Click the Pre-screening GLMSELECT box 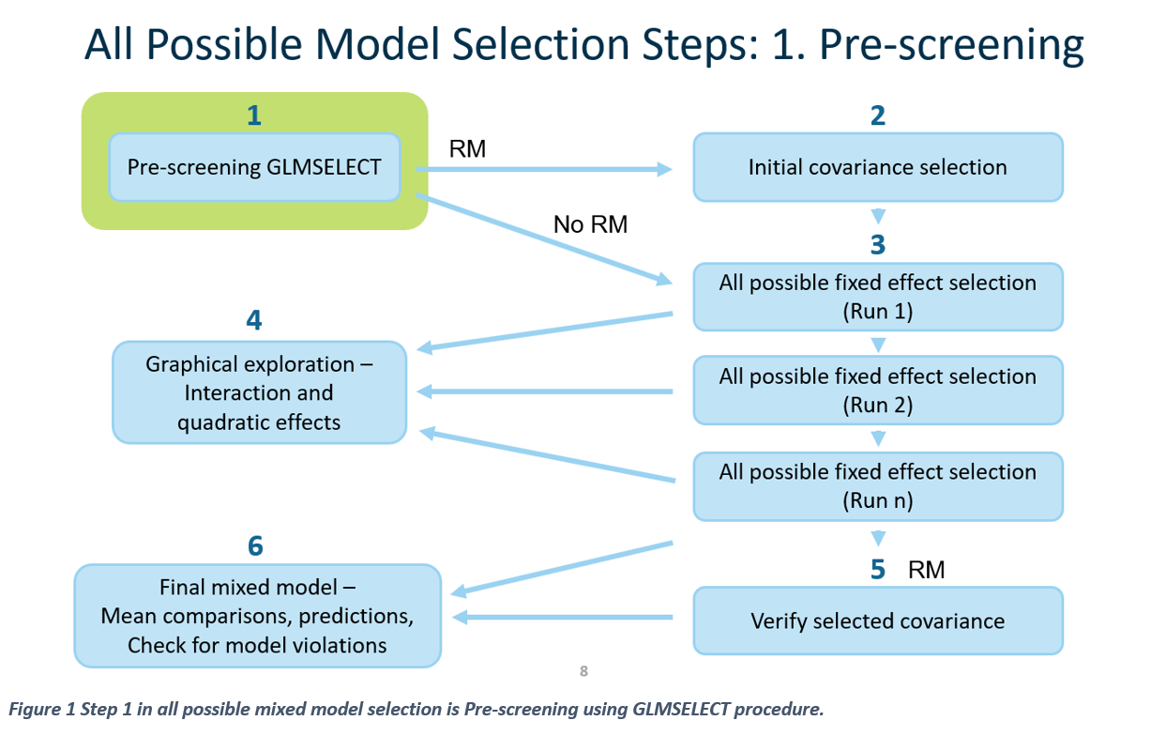254,167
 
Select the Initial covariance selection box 877,167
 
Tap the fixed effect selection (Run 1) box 877,297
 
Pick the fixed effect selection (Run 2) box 877,391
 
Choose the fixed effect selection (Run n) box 877,486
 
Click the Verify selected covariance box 877,621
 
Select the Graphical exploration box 259,392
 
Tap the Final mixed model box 257,616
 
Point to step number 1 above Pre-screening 253,115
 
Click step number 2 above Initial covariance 877,115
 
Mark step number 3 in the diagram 877,245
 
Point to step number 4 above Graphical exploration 253,320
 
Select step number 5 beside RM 877,570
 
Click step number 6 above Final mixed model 255,546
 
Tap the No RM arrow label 590,224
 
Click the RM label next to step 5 926,570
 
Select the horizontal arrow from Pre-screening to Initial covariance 544,170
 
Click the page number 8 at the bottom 583,671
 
